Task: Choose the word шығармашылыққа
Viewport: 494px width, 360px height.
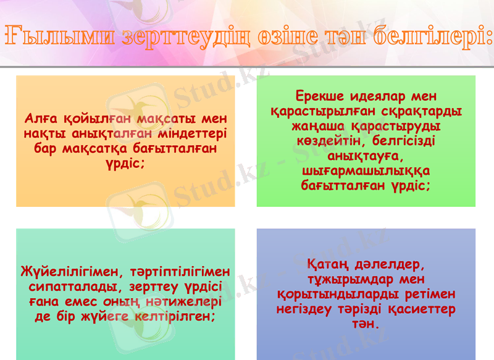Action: pos(366,170)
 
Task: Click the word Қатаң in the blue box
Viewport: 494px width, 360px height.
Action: pos(328,265)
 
